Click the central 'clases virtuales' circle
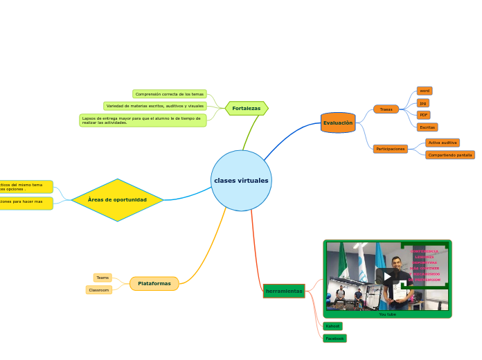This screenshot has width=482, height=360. (x=241, y=181)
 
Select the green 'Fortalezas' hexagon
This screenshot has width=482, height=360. (x=247, y=108)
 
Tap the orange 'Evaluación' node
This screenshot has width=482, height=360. (x=338, y=123)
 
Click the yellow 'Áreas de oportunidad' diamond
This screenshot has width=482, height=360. (x=117, y=199)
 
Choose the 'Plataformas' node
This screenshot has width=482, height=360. (x=154, y=283)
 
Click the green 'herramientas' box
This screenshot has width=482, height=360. (x=284, y=291)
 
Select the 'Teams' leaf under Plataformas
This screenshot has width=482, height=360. (x=102, y=278)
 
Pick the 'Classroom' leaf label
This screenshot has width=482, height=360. (x=99, y=290)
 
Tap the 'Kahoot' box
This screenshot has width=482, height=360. (x=332, y=326)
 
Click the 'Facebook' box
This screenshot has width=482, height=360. (x=334, y=339)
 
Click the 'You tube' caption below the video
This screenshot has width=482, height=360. (x=387, y=314)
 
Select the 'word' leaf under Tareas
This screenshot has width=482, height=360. (x=425, y=91)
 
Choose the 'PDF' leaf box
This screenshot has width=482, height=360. (x=423, y=115)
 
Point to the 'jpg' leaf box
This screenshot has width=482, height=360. (x=422, y=103)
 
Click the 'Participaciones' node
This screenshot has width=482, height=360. (x=391, y=149)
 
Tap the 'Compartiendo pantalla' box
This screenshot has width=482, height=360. (x=450, y=155)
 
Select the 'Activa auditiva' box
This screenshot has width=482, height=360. (x=442, y=143)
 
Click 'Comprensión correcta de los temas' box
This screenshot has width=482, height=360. (x=170, y=94)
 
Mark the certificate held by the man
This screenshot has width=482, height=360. (x=399, y=293)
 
